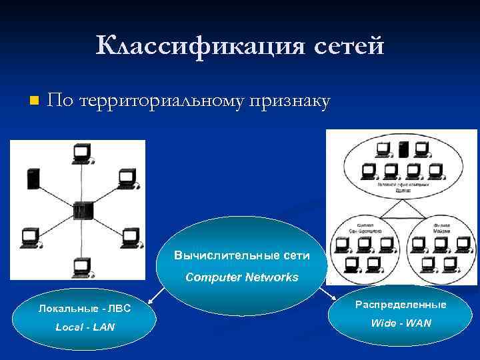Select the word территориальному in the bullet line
click(161, 101)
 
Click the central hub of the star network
click(83, 211)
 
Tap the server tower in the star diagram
click(32, 178)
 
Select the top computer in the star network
click(83, 154)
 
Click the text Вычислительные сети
click(241, 255)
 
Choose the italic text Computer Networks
click(241, 277)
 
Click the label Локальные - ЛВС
click(85, 308)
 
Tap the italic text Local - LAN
click(85, 327)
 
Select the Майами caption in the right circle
click(441, 228)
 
